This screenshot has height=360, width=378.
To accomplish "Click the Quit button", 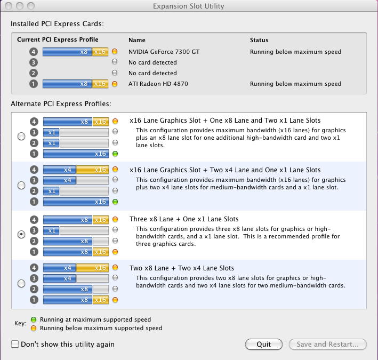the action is click(x=264, y=344).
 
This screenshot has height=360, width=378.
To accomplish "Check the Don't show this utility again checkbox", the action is click(x=15, y=344).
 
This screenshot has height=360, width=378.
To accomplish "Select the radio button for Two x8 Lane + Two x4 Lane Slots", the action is click(x=21, y=283).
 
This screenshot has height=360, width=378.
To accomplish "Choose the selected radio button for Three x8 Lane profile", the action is click(x=21, y=234).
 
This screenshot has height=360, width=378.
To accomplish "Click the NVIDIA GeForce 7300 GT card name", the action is click(x=164, y=52).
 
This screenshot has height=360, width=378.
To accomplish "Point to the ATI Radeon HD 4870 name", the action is click(x=158, y=84).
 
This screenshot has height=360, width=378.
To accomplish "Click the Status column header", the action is click(x=259, y=40).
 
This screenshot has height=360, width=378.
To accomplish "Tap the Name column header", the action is click(x=137, y=40).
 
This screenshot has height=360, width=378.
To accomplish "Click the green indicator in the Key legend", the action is click(x=34, y=319).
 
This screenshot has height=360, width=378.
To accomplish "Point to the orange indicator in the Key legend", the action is click(x=34, y=328).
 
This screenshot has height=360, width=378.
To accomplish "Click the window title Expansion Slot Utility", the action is click(x=189, y=6).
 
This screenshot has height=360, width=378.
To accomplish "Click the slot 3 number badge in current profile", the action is click(x=34, y=62).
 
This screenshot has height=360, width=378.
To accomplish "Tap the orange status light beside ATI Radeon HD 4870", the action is click(x=115, y=84).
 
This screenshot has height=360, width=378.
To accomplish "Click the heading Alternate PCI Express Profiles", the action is click(x=61, y=103).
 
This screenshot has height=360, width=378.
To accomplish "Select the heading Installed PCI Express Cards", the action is click(x=57, y=23).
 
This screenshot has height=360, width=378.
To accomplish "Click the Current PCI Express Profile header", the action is click(x=58, y=39).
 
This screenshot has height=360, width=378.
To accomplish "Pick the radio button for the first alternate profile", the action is click(x=21, y=136).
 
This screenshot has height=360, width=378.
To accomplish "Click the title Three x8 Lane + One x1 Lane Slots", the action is click(x=184, y=219).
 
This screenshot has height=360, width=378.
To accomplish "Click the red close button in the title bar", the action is click(x=9, y=6).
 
